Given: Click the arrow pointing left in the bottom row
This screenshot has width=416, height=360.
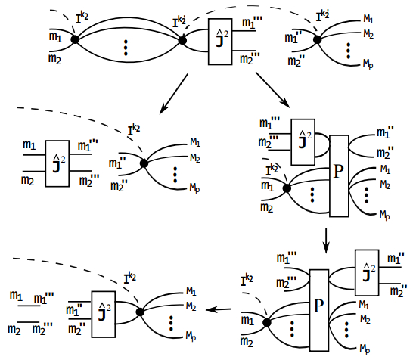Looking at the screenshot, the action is (x=219, y=309).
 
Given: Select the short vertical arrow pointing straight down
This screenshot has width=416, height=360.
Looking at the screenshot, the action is (x=326, y=241).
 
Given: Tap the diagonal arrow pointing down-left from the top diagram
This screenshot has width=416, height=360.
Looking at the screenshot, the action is (x=174, y=94).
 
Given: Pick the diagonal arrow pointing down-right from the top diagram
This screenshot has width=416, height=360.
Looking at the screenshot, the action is (x=273, y=90).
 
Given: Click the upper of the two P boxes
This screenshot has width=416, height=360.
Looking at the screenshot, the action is (x=339, y=176).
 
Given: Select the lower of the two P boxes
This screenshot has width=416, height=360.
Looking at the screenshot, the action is (x=319, y=310).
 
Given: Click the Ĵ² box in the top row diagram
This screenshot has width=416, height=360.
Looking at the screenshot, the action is (x=220, y=42).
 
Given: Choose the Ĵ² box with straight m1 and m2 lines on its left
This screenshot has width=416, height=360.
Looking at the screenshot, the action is (x=57, y=163).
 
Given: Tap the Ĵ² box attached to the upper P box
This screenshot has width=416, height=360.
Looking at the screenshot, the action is (x=303, y=142).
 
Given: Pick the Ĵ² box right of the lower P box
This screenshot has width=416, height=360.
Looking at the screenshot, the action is (x=367, y=273).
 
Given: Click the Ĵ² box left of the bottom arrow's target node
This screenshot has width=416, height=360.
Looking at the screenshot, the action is (x=104, y=314).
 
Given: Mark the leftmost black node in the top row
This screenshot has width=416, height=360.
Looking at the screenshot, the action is (x=75, y=40).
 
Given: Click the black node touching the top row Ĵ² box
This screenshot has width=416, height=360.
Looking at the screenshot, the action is (x=182, y=40).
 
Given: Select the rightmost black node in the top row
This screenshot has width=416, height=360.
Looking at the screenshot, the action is (x=318, y=40).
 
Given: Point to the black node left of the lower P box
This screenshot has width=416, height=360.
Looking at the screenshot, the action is (x=267, y=323).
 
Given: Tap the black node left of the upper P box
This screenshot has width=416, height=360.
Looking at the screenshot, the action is (x=287, y=188).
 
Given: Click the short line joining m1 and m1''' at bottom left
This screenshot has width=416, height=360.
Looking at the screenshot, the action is (x=29, y=306).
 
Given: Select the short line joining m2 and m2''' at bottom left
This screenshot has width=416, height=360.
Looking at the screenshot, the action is (x=29, y=322).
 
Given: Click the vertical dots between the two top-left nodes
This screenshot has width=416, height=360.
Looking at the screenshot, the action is (x=126, y=48).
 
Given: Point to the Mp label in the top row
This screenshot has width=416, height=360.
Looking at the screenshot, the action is (x=368, y=64).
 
